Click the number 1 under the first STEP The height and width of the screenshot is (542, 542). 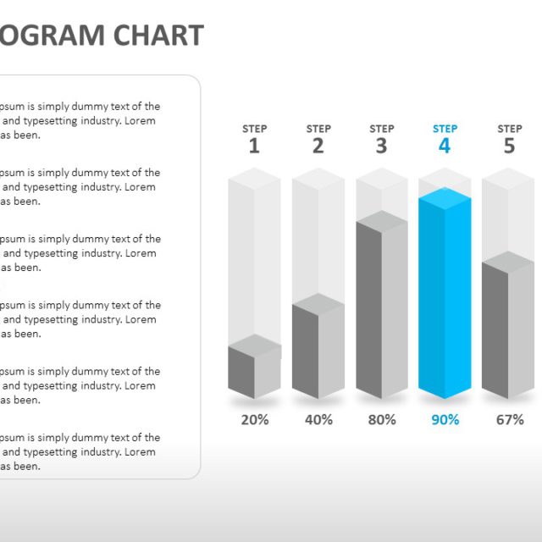coord(254,147)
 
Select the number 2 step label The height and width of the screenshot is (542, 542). coord(318,147)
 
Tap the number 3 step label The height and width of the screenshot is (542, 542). coord(381,147)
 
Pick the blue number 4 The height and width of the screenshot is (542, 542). coord(445,147)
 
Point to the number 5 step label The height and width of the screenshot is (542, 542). coord(509,147)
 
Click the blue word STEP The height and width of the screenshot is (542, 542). coord(445,129)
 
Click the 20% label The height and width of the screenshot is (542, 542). coord(255,419)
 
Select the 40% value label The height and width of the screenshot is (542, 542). coord(318,419)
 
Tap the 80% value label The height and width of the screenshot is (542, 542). coord(382,419)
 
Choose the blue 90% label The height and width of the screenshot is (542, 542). coord(445,419)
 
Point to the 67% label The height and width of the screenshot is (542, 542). coord(510,419)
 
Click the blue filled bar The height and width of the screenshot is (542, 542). coord(445,305)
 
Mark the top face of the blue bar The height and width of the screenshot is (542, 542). coord(445,199)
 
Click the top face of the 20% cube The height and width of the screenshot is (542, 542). coord(254,346)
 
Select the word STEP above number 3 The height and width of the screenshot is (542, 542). coord(381,129)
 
